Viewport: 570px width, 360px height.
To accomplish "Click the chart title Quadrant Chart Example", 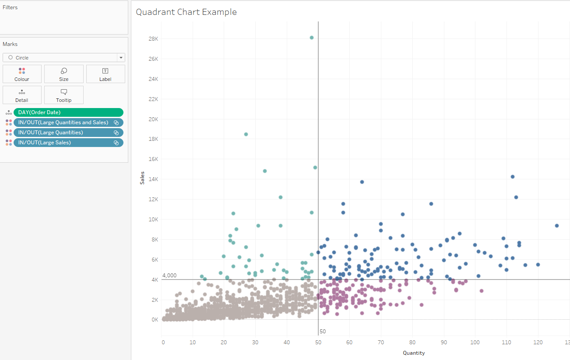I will pos(186,12).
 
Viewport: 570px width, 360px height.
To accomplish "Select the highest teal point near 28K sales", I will pos(312,38).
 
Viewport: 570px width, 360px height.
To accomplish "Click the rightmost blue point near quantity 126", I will pos(557,226).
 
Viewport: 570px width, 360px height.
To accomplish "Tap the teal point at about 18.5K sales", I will pos(246,134).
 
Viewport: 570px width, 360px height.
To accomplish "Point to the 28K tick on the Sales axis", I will pos(153,39).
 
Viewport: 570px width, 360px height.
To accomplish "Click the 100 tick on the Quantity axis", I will pos(475,342).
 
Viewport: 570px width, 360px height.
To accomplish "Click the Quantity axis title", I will pos(414,353).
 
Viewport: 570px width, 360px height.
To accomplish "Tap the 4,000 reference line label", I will pos(169,276).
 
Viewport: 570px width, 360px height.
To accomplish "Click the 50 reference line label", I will pos(323,332).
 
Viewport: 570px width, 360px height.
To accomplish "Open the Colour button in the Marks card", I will pos(22,74).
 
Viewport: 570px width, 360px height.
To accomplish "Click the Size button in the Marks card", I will pos(64,74).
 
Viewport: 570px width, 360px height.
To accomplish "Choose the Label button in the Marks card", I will pos(106,74).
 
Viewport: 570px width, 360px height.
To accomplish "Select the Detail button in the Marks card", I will pos(22,95).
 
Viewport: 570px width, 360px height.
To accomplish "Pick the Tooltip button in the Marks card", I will pos(64,95).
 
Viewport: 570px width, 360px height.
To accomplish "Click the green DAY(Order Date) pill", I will pos(68,112).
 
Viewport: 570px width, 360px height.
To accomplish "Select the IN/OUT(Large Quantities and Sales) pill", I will pos(64,122).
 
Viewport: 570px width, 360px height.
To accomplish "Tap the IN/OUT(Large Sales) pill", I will pos(64,143).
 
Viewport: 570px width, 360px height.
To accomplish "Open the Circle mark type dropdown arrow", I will pos(120,58).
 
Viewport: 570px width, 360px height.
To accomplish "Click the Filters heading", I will pos(10,7).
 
